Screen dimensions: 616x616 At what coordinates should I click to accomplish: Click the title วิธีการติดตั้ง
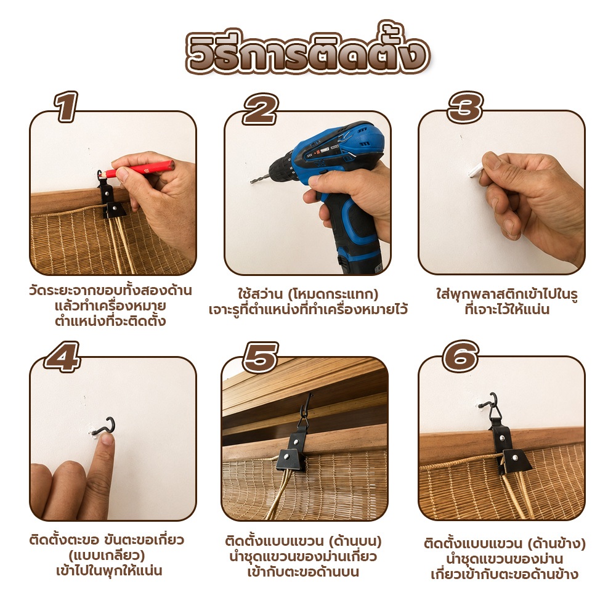(307, 51)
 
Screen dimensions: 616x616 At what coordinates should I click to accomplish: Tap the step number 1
(67, 107)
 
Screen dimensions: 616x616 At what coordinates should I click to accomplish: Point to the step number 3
(465, 107)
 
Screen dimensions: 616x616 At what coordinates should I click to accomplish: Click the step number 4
(62, 356)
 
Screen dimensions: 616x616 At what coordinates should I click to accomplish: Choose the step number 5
(260, 357)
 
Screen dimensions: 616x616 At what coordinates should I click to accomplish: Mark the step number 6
(461, 356)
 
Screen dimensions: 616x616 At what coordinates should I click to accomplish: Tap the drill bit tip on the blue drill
(252, 182)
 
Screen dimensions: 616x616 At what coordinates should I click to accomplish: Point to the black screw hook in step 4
(105, 427)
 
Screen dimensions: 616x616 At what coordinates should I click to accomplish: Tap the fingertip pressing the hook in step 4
(107, 439)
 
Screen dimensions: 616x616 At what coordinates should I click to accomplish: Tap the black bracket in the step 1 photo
(110, 199)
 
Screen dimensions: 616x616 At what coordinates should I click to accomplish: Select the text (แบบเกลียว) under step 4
(107, 556)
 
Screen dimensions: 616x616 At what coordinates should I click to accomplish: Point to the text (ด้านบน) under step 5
(355, 541)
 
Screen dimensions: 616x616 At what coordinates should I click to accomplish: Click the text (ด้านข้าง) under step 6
(556, 543)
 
